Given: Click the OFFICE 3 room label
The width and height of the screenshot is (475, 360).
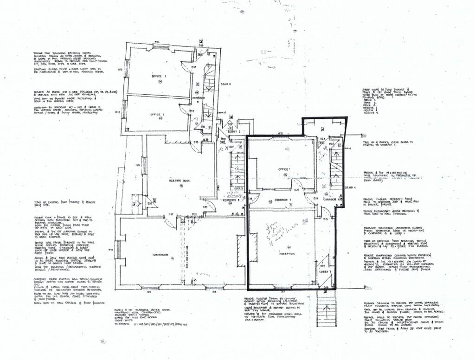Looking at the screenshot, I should pyautogui.click(x=159, y=77).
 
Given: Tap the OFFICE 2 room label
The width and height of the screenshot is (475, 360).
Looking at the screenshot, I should pyautogui.click(x=158, y=114).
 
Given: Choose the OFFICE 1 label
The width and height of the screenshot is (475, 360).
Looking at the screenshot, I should pyautogui.click(x=284, y=169).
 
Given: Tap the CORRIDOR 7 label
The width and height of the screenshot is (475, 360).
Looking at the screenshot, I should pyautogui.click(x=282, y=200).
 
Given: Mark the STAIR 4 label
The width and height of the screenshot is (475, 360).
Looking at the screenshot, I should pyautogui.click(x=351, y=188).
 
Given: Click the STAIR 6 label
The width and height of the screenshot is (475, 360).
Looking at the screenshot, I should pyautogui.click(x=225, y=84).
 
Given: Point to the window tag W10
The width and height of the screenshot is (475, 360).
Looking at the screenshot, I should pyautogui.click(x=111, y=250).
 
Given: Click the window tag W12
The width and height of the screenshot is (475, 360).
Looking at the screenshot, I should pyautogui.click(x=118, y=112).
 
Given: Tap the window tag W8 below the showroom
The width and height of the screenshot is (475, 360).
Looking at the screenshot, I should pyautogui.click(x=214, y=292).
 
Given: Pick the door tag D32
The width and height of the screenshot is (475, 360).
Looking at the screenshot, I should pyautogui.click(x=171, y=214).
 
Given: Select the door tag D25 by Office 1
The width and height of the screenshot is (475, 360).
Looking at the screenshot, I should pyautogui.click(x=296, y=190).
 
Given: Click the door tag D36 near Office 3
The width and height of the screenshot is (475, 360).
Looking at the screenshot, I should pyautogui.click(x=194, y=68).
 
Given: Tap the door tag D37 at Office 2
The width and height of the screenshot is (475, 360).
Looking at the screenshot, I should pyautogui.click(x=191, y=111).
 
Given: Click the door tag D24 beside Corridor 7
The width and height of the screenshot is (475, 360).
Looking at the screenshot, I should pyautogui.click(x=316, y=199).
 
